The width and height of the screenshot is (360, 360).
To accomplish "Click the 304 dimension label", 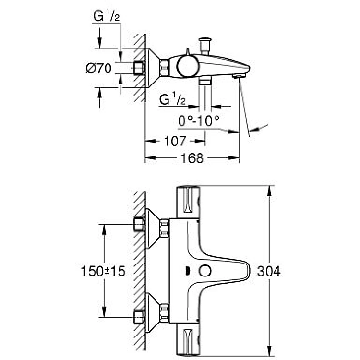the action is click(x=269, y=271).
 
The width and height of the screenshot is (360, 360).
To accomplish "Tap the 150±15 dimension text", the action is click(x=103, y=271).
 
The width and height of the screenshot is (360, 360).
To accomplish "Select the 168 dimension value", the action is click(x=192, y=158).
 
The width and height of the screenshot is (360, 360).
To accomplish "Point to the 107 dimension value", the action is click(x=175, y=141).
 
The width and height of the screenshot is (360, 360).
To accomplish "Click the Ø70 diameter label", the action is click(x=99, y=68).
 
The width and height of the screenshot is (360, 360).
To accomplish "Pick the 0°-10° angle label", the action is click(x=199, y=120).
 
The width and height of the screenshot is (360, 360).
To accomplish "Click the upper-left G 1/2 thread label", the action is click(x=107, y=15).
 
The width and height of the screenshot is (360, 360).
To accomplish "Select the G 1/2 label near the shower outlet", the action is click(x=172, y=99).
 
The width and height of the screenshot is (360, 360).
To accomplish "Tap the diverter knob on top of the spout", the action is click(x=205, y=46).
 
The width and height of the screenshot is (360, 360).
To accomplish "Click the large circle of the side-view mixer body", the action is click(x=188, y=66).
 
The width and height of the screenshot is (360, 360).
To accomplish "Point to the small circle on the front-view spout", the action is click(x=205, y=271).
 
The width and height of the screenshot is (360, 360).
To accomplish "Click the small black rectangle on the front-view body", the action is click(x=188, y=271).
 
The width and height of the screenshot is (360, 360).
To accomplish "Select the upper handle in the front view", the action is click(x=188, y=202).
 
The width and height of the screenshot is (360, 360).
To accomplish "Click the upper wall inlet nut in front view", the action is click(x=139, y=225).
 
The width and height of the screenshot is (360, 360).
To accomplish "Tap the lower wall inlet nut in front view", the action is click(x=139, y=317).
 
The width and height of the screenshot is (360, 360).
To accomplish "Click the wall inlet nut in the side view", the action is click(x=139, y=68).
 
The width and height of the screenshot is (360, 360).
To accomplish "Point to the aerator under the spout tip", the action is click(x=239, y=76).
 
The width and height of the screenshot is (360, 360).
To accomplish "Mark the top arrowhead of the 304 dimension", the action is click(x=269, y=191).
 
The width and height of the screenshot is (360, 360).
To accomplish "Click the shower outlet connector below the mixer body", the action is click(x=205, y=81).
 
